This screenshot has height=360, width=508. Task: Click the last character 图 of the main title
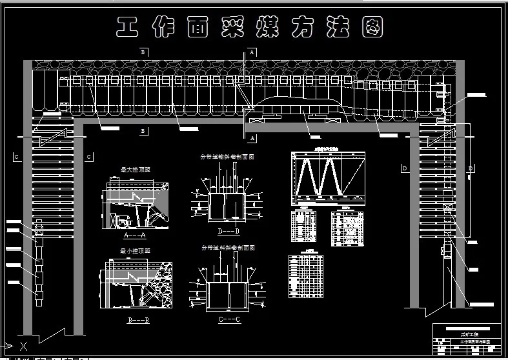pyautogui.click(x=372, y=27)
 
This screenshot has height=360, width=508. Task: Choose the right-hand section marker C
pyautogui.click(x=89, y=157)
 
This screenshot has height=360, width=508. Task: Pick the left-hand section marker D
pyautogui.click(x=405, y=168)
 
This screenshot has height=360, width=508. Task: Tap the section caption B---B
pyautogui.click(x=137, y=319)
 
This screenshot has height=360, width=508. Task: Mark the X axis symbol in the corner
pyautogui.click(x=23, y=345)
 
